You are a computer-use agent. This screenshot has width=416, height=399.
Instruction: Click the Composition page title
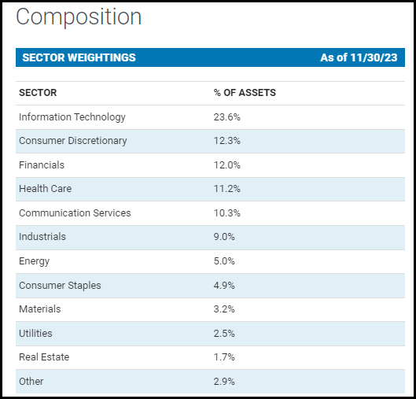click(79, 17)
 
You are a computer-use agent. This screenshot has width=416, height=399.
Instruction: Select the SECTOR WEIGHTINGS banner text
click(79, 57)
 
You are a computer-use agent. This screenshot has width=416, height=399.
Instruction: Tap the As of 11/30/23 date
click(358, 57)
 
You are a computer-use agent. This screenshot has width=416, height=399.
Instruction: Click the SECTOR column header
click(38, 93)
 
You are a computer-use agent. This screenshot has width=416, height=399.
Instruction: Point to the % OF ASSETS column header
click(245, 93)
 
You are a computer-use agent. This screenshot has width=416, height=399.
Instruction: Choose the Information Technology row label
click(72, 117)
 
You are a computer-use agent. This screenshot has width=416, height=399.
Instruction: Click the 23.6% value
click(227, 117)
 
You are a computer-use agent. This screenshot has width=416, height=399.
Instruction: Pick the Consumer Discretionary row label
click(72, 141)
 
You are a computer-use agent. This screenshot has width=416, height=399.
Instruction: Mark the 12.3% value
click(227, 141)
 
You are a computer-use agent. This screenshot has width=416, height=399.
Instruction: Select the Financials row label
click(42, 165)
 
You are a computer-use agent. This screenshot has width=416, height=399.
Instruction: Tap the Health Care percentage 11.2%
click(226, 189)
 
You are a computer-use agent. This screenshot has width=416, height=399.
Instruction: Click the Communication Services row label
click(75, 213)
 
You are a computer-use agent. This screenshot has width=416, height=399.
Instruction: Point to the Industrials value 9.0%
click(225, 237)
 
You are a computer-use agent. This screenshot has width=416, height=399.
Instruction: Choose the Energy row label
click(34, 261)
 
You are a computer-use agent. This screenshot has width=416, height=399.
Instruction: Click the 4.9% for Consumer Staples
click(225, 285)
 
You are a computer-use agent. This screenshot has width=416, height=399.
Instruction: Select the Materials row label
click(39, 309)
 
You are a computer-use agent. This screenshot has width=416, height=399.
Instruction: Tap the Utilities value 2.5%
click(225, 333)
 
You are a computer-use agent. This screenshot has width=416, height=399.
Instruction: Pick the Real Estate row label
click(44, 357)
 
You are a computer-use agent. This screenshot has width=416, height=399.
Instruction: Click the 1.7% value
click(224, 357)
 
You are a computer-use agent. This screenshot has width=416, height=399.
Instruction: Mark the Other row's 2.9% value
click(225, 381)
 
